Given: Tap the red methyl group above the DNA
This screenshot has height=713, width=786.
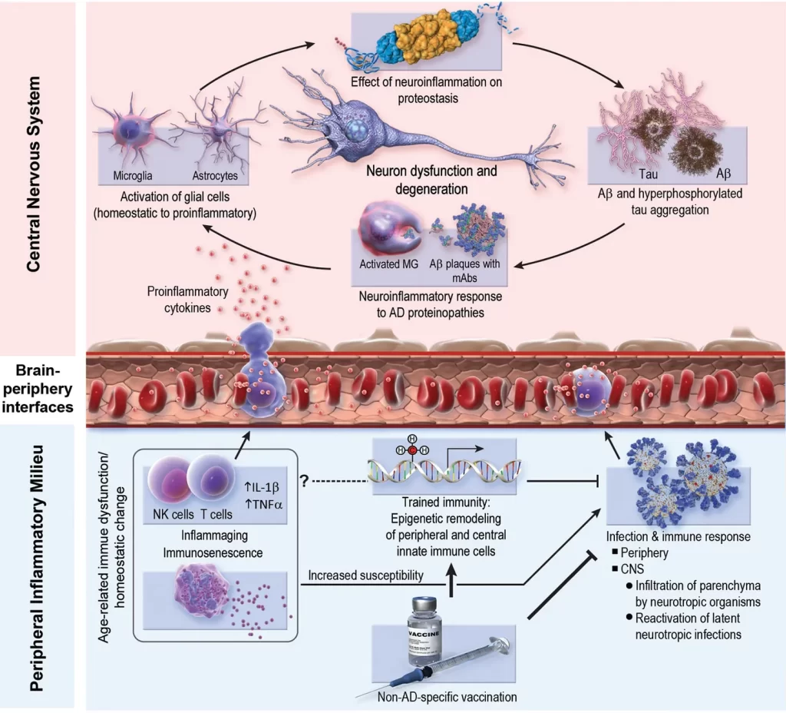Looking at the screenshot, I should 412,449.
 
